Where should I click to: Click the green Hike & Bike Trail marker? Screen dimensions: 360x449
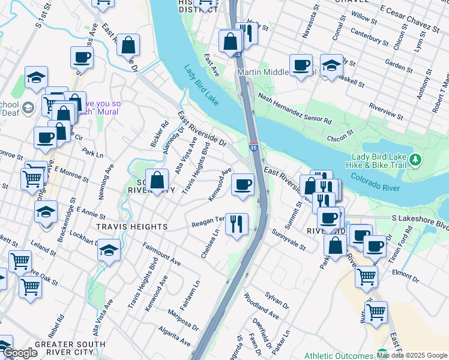[x=415, y=160]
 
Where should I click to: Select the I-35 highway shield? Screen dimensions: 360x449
[x=254, y=146]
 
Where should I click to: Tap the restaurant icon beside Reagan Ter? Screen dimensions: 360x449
[x=237, y=224]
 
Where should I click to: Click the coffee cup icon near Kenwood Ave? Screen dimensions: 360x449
[x=243, y=184]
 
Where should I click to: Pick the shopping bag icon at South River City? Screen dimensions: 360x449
[x=157, y=179]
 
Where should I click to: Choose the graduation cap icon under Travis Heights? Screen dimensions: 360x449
[x=109, y=249]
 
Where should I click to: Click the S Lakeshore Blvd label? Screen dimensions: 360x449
[x=420, y=220]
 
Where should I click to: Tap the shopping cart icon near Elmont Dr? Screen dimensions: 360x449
[x=366, y=276]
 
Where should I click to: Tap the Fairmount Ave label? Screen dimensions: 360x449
[x=161, y=254]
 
